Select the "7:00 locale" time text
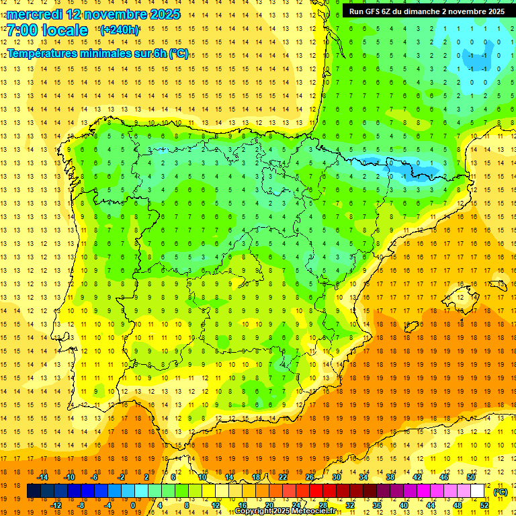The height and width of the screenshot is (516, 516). [x=47, y=31]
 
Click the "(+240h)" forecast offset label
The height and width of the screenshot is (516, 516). [x=120, y=30]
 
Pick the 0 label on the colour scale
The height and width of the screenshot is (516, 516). [x=133, y=505]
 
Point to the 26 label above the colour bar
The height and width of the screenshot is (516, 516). [x=310, y=477]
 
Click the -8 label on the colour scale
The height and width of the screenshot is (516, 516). [x=81, y=505]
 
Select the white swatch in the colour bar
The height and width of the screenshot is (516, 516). [x=478, y=491]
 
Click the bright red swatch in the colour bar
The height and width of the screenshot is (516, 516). [x=316, y=491]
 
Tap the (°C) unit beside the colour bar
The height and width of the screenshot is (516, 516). [x=500, y=492]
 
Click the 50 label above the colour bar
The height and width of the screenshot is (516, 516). [x=471, y=477]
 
